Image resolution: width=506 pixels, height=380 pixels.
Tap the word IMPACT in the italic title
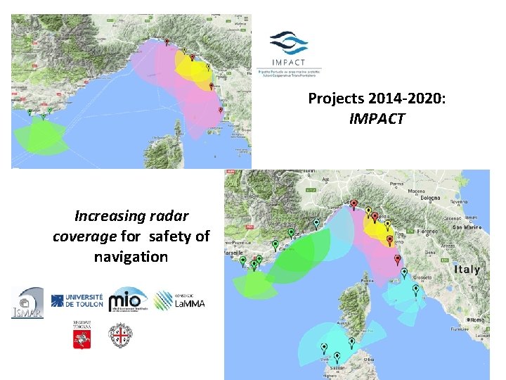[377, 119]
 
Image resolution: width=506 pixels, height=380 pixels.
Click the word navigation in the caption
[131, 257]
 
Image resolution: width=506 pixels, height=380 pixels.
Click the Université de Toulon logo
[77, 301]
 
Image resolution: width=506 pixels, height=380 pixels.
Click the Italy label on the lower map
[467, 270]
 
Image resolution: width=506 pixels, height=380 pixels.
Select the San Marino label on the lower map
[465, 227]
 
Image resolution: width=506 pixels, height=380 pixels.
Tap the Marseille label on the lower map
[233, 251]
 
